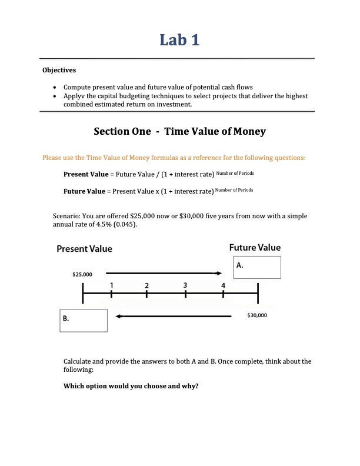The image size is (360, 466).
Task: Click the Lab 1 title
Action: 179,40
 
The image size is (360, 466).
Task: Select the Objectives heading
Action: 59,71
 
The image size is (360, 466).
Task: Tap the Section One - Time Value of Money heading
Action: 179,131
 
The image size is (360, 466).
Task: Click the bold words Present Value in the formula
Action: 82,174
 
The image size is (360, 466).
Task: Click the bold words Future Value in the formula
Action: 81,191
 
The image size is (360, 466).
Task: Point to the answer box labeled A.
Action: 257,267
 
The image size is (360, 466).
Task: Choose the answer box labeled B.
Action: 83,320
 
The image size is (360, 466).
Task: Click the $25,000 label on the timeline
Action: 82,274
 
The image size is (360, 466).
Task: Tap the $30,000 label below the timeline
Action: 257,315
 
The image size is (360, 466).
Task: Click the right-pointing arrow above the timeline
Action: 164,273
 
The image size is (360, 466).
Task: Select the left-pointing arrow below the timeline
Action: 174,317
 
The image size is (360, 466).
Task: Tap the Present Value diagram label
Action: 84,249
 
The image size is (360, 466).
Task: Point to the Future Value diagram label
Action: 255,247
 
